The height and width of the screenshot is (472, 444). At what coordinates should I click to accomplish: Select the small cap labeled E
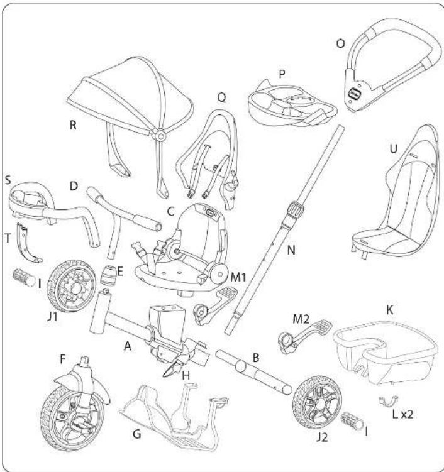pos(111,275)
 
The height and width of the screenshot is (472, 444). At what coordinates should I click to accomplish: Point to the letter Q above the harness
pos(221,98)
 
